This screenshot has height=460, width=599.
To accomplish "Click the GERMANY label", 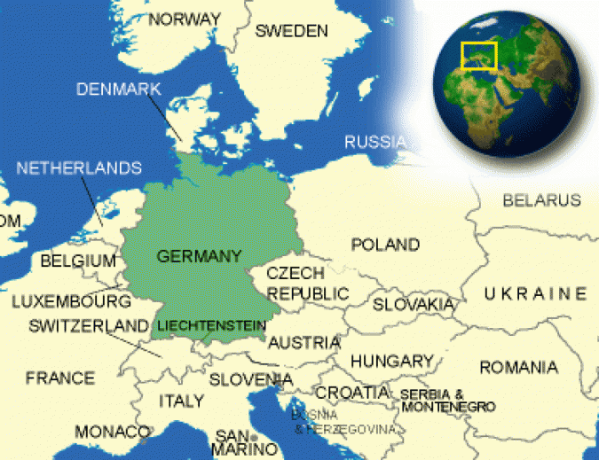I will point(199,256).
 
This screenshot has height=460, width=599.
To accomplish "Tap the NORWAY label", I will point(185,19).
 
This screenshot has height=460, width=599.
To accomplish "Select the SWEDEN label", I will point(291,30).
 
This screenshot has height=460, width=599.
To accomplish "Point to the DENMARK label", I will point(118,89).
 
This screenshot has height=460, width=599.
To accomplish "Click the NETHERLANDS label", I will point(78,168).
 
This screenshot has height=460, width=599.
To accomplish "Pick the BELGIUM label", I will point(78,261).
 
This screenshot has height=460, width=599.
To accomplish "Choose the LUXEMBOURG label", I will point(71,301).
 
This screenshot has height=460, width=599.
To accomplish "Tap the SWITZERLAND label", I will point(88,325).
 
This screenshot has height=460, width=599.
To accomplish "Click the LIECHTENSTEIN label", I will point(211,326).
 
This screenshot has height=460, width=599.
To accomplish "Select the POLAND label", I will point(385,244).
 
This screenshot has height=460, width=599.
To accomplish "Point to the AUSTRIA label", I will point(303,342).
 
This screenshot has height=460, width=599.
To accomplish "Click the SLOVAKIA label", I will point(413,304).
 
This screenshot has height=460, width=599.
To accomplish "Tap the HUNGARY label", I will point(391,361).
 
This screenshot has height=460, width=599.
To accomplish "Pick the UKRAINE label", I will point(535,293).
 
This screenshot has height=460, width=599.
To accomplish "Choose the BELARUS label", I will point(541,201).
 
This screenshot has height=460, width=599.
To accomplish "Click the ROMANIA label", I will point(518,367).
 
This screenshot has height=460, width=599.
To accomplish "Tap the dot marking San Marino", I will point(253,438).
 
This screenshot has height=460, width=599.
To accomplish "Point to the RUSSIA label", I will point(374,142).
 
